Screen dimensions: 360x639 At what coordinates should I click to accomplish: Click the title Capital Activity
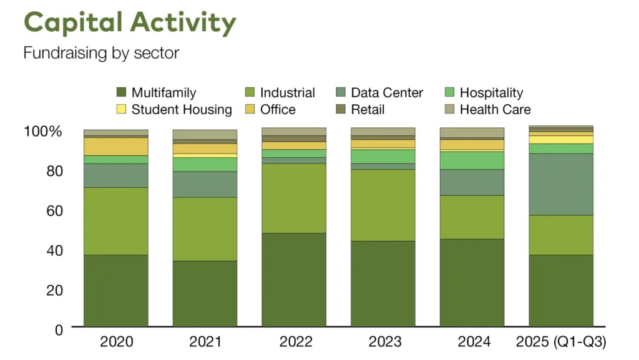(130, 22)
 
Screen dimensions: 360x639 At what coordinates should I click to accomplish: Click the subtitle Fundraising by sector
(101, 53)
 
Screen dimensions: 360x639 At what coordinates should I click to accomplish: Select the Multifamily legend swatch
(122, 93)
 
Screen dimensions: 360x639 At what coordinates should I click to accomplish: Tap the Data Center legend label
(387, 93)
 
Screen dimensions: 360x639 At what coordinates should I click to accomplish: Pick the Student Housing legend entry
(181, 110)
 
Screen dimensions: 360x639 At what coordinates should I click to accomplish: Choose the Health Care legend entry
(495, 110)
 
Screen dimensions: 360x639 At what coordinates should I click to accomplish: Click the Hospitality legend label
(491, 93)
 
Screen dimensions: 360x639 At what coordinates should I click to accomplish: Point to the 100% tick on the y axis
(43, 132)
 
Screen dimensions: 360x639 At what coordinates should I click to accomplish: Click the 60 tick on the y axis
(54, 210)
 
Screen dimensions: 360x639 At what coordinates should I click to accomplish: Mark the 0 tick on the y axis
(59, 329)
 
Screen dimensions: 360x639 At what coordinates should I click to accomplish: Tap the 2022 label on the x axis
(293, 342)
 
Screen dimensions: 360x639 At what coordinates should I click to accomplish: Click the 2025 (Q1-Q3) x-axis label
(561, 342)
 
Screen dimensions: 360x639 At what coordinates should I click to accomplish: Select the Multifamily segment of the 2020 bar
(116, 290)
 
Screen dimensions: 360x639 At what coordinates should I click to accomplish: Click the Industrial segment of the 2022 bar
(293, 198)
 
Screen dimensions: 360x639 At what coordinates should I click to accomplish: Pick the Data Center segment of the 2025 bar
(561, 184)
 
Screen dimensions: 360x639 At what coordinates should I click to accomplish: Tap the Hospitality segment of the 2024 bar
(472, 160)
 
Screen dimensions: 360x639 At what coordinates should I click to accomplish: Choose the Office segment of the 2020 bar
(116, 146)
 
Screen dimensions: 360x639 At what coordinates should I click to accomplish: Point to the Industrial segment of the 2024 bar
(472, 216)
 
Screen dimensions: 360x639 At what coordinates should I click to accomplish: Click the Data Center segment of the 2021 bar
(205, 184)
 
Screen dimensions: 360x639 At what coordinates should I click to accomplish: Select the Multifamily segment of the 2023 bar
(383, 283)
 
